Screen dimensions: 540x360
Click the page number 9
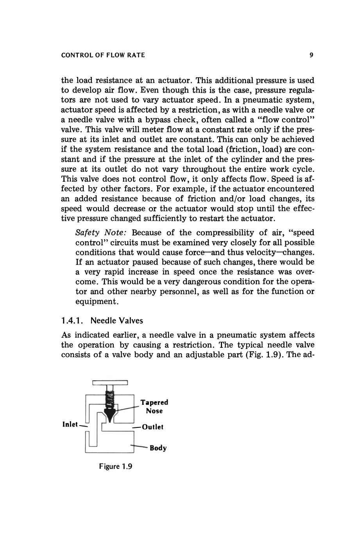(311, 55)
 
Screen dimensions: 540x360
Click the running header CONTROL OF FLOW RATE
(103, 55)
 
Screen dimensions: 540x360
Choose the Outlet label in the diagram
(153, 427)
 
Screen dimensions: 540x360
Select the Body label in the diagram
(158, 448)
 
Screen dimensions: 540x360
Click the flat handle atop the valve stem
(110, 381)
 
